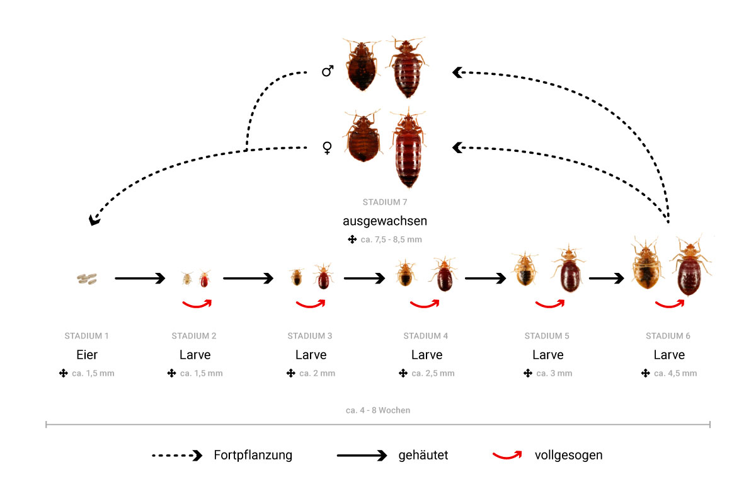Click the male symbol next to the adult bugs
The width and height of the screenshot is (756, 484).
point(328,72)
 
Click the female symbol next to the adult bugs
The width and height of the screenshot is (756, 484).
point(327,148)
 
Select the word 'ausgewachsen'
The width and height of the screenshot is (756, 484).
point(385,221)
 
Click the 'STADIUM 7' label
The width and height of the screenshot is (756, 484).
point(385,202)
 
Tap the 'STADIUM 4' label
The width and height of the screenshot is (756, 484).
point(427,336)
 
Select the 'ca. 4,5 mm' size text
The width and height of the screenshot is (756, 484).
point(675,373)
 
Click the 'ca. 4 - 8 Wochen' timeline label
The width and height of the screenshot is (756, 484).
point(378,410)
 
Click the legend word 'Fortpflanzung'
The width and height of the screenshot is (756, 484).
point(253,455)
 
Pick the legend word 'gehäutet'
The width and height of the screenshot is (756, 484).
point(423,455)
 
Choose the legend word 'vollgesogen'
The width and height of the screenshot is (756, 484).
point(569,455)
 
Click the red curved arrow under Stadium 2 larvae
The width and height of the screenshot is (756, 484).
point(197,304)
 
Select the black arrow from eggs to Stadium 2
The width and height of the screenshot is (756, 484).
point(140,278)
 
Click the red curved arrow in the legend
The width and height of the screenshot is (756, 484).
point(507,454)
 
